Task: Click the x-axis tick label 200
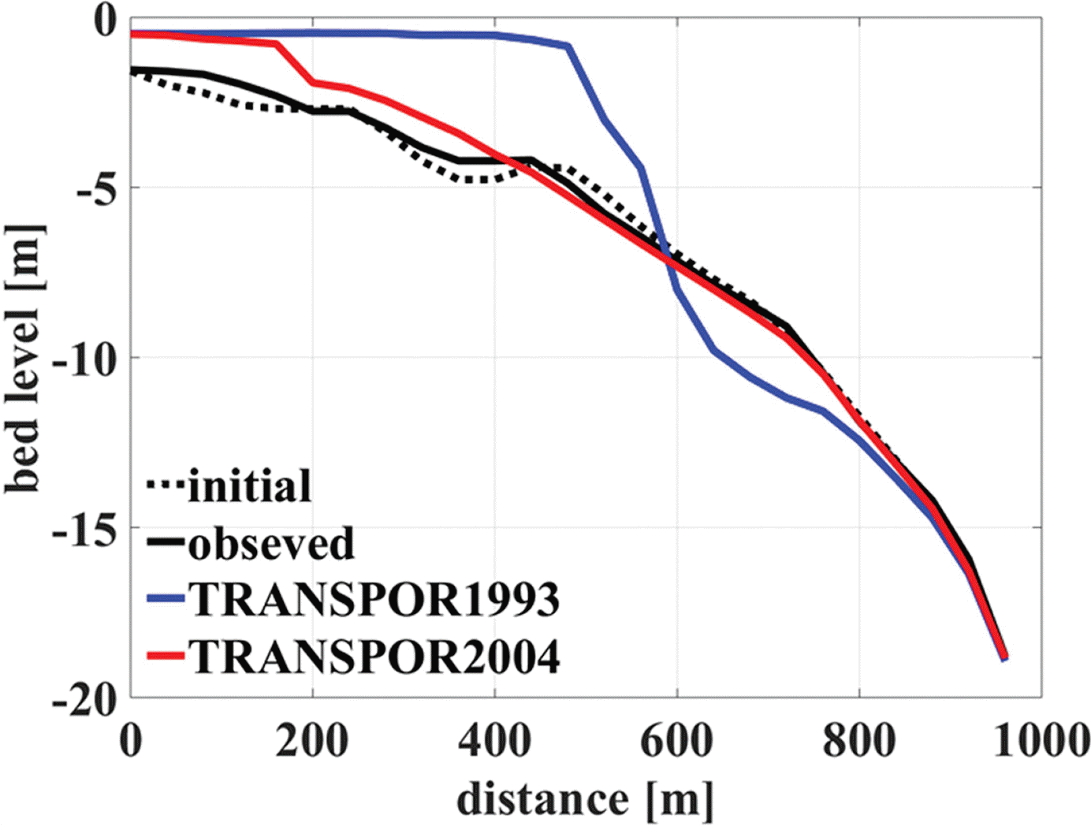point(312,740)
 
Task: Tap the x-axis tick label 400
point(494,740)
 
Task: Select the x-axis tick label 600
point(676,740)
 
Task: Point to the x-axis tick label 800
point(858,740)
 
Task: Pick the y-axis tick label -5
point(95,189)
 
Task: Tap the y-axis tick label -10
point(83,359)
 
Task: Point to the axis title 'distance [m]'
point(585,799)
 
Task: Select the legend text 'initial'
point(249,486)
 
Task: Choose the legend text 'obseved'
point(271,543)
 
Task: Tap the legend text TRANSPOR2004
point(374,656)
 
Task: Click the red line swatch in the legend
point(166,656)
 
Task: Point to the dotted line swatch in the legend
point(166,486)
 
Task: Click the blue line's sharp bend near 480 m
point(568,47)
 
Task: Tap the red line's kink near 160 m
point(277,45)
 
